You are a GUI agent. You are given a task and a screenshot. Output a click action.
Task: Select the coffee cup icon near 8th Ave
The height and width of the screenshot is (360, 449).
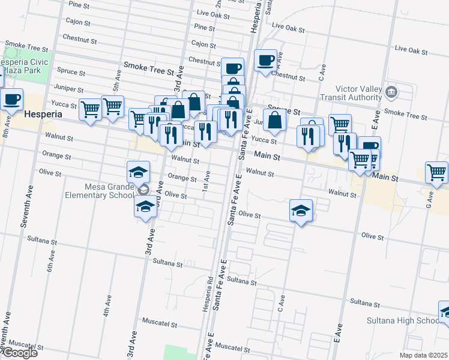click(x=12, y=99)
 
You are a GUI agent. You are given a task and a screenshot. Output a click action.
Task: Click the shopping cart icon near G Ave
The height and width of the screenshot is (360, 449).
click(x=436, y=172)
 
